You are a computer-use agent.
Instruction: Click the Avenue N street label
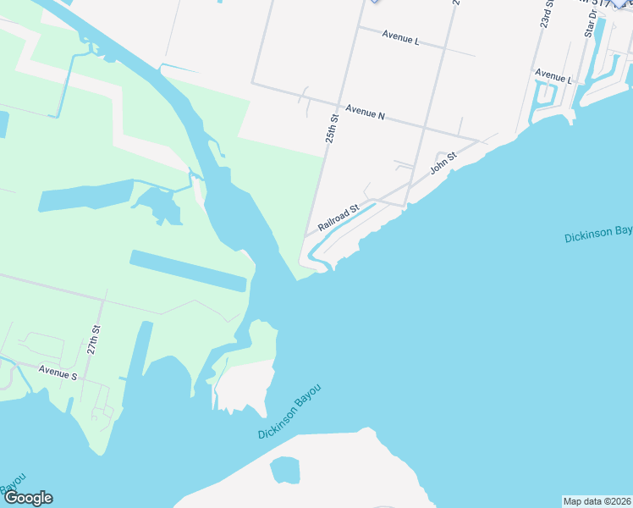point(366,113)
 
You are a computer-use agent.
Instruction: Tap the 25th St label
point(335,128)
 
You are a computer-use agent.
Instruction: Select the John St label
point(443,161)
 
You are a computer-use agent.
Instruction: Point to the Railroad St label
point(339,217)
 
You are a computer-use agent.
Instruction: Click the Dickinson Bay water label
point(598,235)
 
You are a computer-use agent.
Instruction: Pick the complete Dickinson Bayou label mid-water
point(290,411)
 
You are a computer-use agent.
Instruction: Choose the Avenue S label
point(58,373)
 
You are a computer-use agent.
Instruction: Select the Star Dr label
point(591,24)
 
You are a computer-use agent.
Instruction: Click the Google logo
point(27,498)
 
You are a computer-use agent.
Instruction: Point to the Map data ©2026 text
point(597,501)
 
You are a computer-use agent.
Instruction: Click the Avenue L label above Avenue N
point(400,38)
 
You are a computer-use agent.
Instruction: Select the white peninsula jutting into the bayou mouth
point(247,385)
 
